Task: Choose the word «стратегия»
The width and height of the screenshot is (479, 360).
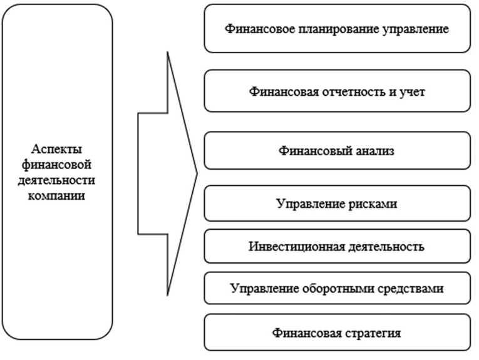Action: tap(371, 332)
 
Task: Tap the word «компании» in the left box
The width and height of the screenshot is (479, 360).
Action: tap(57, 195)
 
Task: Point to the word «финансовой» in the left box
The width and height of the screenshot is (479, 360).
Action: tap(57, 165)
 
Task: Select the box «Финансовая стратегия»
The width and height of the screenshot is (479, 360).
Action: tap(337, 332)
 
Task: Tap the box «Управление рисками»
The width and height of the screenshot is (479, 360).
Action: tap(337, 204)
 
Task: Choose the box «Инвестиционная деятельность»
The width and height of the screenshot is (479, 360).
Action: tap(337, 246)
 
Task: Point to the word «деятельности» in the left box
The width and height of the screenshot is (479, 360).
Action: tap(57, 180)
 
